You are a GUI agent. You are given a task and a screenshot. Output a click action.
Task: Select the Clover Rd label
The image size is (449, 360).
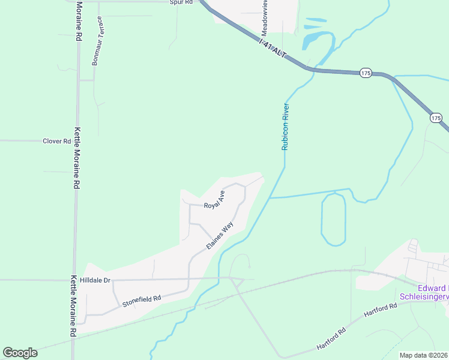(x=57, y=141)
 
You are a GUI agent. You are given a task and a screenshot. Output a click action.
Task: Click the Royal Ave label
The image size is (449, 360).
(x=214, y=200)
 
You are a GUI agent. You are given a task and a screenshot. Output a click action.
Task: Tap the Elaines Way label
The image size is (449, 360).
(x=220, y=236)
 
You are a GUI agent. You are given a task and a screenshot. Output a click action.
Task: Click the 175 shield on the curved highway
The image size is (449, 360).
(x=366, y=73)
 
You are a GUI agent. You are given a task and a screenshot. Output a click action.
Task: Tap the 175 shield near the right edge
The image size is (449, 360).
(x=436, y=118)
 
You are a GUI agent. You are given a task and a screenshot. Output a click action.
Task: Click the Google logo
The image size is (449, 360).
(x=20, y=353)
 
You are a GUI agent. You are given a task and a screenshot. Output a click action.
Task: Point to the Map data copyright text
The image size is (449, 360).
(x=424, y=355)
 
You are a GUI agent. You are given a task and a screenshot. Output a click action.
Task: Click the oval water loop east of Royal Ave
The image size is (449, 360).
(x=334, y=219)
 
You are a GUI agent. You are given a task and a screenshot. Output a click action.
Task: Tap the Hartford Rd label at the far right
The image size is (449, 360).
(x=384, y=307)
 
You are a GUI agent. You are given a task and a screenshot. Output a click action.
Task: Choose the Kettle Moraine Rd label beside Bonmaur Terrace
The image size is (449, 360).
(x=79, y=20)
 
